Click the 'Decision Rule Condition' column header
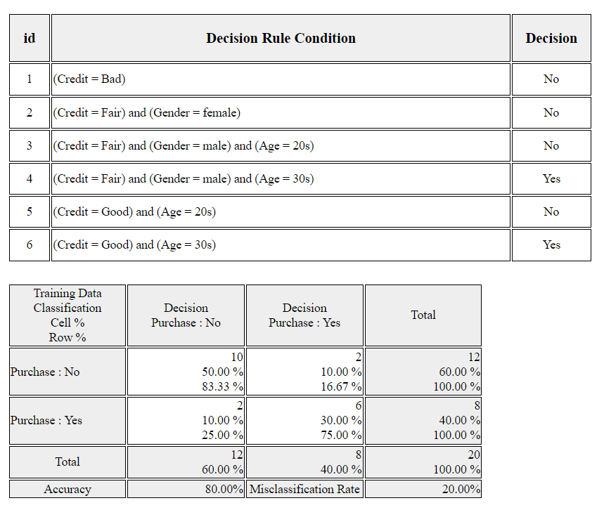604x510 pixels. click(x=281, y=38)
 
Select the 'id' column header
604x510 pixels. click(x=30, y=38)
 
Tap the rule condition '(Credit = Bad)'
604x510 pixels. click(x=89, y=79)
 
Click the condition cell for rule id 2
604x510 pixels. click(x=281, y=112)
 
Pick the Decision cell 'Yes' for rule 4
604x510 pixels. click(x=551, y=178)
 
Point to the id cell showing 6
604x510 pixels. click(x=30, y=244)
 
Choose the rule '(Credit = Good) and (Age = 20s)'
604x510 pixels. click(x=134, y=211)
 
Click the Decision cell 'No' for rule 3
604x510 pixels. click(x=551, y=145)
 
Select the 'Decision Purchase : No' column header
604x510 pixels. click(x=186, y=315)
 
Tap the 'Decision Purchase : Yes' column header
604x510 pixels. click(x=304, y=315)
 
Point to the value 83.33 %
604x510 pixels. click(x=223, y=386)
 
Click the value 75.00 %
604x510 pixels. click(x=341, y=435)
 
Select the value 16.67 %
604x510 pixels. click(x=341, y=386)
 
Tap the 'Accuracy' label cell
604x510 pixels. click(x=68, y=489)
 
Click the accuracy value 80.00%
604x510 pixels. click(x=224, y=489)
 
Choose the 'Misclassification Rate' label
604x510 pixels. click(x=304, y=489)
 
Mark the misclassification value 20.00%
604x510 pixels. click(x=461, y=489)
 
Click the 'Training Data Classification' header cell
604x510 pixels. click(x=68, y=315)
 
